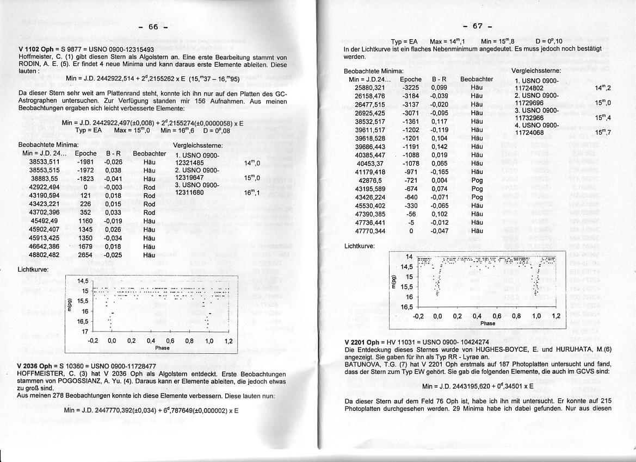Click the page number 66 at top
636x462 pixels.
154,27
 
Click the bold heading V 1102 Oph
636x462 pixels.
36,49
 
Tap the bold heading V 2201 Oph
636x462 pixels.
363,342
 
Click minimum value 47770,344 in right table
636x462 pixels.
369,231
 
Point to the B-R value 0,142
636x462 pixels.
439,147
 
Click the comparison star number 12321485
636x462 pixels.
189,163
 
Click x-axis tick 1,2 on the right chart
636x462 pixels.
555,316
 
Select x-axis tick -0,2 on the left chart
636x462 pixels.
92,341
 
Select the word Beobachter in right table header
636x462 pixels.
477,79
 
